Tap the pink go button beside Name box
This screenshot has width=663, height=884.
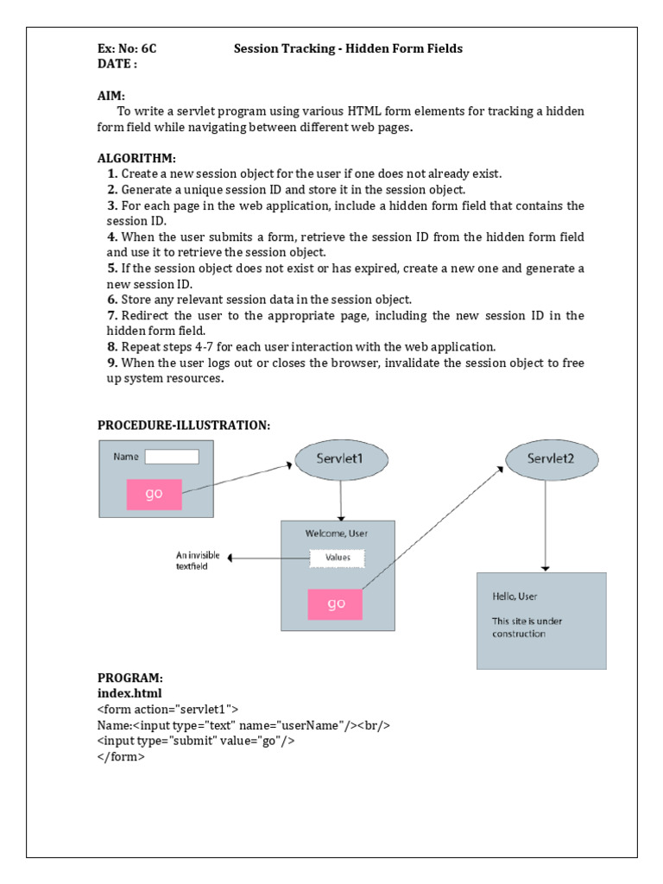click(x=155, y=494)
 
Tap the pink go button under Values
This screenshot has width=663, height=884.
click(x=336, y=604)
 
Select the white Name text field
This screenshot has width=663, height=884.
click(x=172, y=457)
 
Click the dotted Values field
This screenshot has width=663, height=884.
click(x=338, y=558)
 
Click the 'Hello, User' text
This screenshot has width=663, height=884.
click(x=515, y=597)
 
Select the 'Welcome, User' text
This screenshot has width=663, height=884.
click(x=337, y=534)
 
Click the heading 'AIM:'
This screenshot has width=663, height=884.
click(x=111, y=95)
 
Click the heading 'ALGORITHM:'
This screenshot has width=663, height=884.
click(x=136, y=158)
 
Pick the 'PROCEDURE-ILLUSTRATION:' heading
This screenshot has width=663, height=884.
click(x=184, y=425)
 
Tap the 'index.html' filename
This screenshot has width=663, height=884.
click(x=129, y=693)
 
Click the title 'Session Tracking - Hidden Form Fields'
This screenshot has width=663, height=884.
click(x=348, y=48)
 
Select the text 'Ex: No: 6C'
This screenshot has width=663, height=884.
click(x=127, y=48)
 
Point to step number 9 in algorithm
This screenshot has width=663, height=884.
click(x=112, y=363)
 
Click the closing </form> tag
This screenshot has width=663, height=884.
click(x=121, y=756)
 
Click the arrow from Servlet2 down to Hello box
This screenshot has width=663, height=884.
click(x=544, y=527)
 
